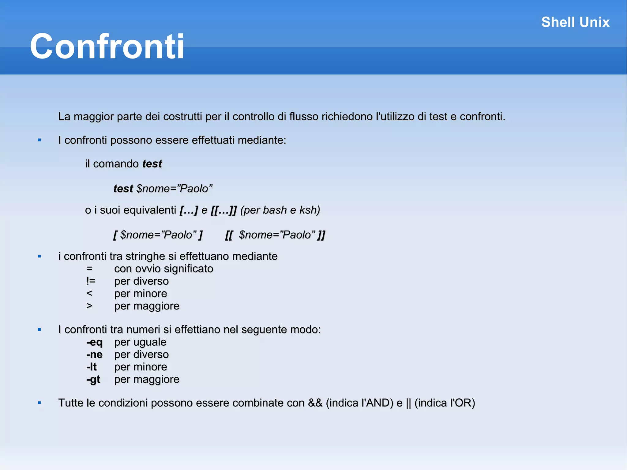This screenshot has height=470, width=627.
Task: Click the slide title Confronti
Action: click(107, 47)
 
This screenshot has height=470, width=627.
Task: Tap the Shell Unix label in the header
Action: click(575, 22)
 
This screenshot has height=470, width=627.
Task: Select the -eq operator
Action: click(94, 342)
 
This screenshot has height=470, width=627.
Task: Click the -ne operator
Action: click(94, 355)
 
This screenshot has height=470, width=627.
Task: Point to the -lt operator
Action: click(92, 367)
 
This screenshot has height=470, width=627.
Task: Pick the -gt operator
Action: click(93, 379)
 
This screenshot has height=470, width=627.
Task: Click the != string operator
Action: click(91, 281)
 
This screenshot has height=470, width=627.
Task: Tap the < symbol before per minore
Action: click(89, 293)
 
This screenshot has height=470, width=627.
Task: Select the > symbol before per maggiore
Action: click(89, 306)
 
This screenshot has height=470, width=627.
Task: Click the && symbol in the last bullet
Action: click(315, 403)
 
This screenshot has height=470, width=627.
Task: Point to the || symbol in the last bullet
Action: click(408, 403)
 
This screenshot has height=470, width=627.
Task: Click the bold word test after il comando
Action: click(152, 164)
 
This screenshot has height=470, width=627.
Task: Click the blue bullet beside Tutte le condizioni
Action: click(39, 403)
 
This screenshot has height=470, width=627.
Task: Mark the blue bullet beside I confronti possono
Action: click(39, 140)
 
